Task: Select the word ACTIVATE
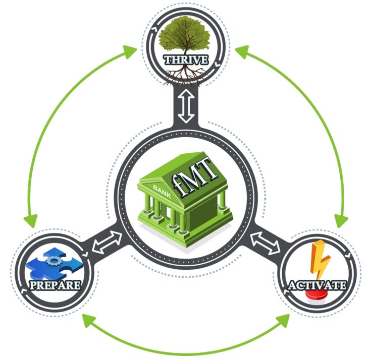click(317, 286)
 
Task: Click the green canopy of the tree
click(186, 38)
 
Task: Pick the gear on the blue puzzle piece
click(52, 259)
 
